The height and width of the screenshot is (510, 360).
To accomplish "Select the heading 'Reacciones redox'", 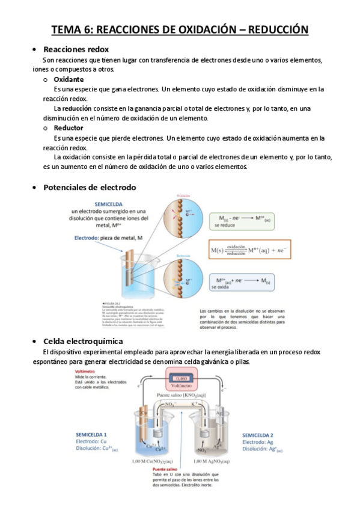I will click(76, 49).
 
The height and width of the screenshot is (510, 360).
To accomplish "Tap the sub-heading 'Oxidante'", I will click(69, 79).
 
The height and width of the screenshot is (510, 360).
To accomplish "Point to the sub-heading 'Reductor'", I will click(69, 128).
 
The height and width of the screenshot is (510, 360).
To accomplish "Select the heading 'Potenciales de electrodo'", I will click(90, 187).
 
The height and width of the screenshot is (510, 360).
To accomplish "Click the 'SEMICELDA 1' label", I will click(91, 434).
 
